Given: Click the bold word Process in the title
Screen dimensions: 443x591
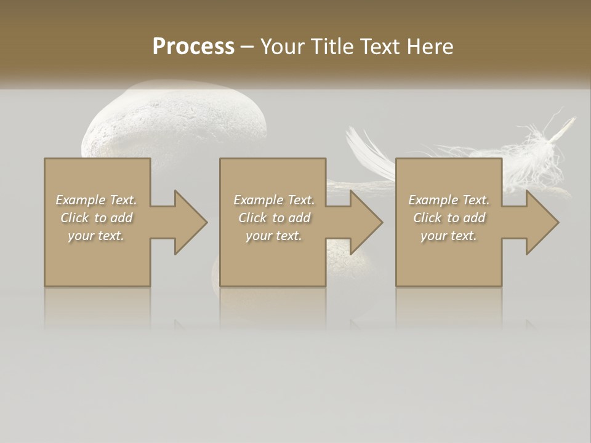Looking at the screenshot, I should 193,47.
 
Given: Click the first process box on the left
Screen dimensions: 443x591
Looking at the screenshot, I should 97,258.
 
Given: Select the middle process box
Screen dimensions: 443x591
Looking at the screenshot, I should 273,258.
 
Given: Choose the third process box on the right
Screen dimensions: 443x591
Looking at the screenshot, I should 448,258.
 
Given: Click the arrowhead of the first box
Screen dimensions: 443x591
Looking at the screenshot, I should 190,222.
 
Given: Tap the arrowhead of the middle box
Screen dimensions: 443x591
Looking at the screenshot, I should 366,222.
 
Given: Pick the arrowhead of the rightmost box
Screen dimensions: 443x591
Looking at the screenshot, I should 542,222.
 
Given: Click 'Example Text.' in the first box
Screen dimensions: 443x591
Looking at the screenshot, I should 96,200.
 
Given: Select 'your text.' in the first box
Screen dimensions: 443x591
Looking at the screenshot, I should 96,236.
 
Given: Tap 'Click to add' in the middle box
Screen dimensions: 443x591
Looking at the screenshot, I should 274,218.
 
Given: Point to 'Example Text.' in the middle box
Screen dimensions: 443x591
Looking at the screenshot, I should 274,200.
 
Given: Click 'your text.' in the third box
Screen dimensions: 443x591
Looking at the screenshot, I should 449,236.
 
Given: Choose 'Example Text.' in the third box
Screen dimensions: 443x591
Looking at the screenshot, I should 449,200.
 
